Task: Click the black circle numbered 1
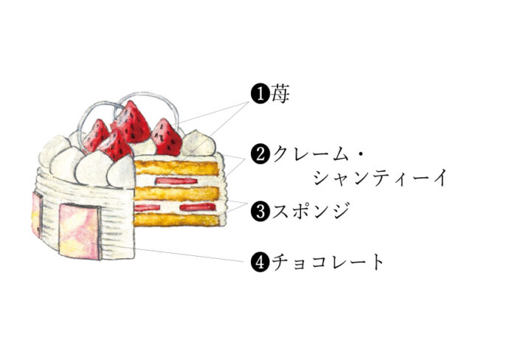click(260, 94)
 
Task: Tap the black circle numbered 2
click(260, 154)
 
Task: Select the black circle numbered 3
click(260, 212)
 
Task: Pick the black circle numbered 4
click(260, 262)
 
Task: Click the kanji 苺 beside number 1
click(280, 94)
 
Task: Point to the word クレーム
click(311, 154)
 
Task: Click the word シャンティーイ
click(380, 178)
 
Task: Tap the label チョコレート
click(328, 262)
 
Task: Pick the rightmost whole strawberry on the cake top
click(166, 137)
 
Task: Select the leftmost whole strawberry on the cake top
click(95, 136)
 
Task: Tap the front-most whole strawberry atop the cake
click(116, 145)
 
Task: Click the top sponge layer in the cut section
click(176, 167)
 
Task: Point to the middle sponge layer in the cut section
click(176, 193)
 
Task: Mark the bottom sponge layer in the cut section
click(176, 219)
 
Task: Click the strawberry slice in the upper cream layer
click(176, 181)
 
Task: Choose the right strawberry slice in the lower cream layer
click(198, 207)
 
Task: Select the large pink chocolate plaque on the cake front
click(79, 232)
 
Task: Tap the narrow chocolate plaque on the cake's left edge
click(37, 214)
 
